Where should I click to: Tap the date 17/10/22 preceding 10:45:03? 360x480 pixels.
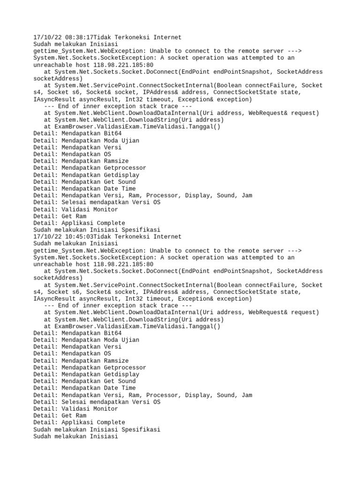coord(47,237)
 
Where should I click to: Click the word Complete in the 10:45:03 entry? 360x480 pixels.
coord(109,423)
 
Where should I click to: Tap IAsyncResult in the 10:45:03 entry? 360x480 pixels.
coord(54,299)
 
